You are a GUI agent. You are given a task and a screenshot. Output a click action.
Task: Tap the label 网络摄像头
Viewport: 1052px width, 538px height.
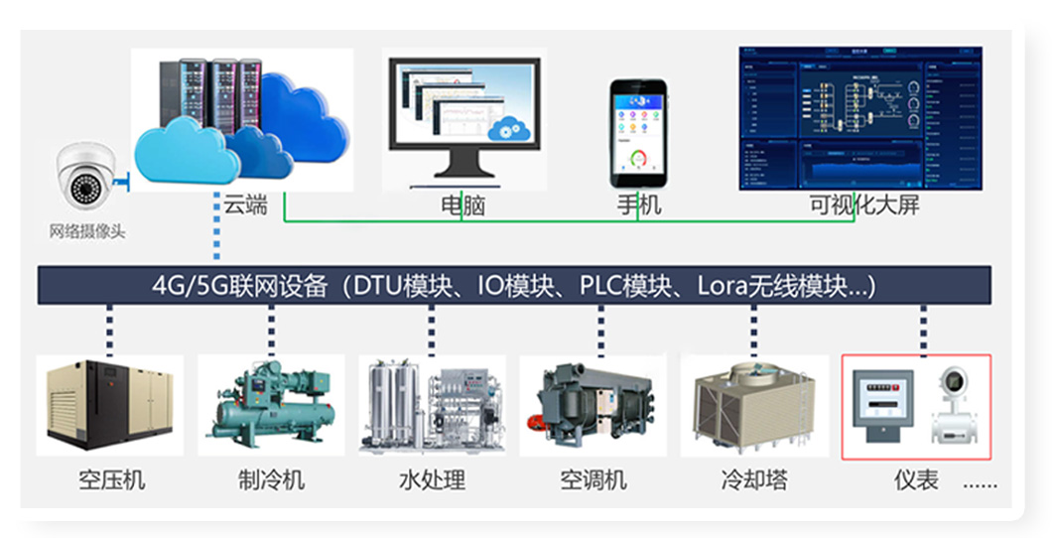click(x=87, y=232)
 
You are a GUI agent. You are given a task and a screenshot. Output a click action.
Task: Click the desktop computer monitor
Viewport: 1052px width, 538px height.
click(x=463, y=114)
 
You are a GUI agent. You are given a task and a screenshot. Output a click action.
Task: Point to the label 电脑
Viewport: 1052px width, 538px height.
click(x=463, y=206)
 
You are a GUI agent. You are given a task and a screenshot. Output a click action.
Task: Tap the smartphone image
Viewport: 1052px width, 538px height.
click(x=638, y=133)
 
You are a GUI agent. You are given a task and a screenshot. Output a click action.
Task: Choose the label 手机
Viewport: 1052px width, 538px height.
click(x=638, y=206)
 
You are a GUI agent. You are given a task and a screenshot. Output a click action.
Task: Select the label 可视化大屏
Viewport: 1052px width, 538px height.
click(x=855, y=206)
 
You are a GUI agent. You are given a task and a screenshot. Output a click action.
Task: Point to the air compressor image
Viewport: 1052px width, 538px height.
click(x=110, y=406)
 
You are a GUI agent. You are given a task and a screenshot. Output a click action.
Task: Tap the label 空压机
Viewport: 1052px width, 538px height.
click(x=111, y=480)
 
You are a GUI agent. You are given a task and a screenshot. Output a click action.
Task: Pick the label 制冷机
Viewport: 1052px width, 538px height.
click(x=271, y=480)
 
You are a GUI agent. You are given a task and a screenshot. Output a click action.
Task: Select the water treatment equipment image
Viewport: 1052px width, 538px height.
click(x=432, y=406)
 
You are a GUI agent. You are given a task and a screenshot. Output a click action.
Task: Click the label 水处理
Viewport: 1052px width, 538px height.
click(x=432, y=480)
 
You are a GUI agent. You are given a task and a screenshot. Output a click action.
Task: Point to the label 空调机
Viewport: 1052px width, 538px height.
click(x=593, y=480)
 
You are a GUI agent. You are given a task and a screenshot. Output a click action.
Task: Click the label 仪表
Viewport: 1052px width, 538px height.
click(x=915, y=480)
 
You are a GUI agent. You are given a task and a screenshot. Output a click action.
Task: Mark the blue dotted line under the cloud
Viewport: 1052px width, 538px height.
click(x=216, y=238)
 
